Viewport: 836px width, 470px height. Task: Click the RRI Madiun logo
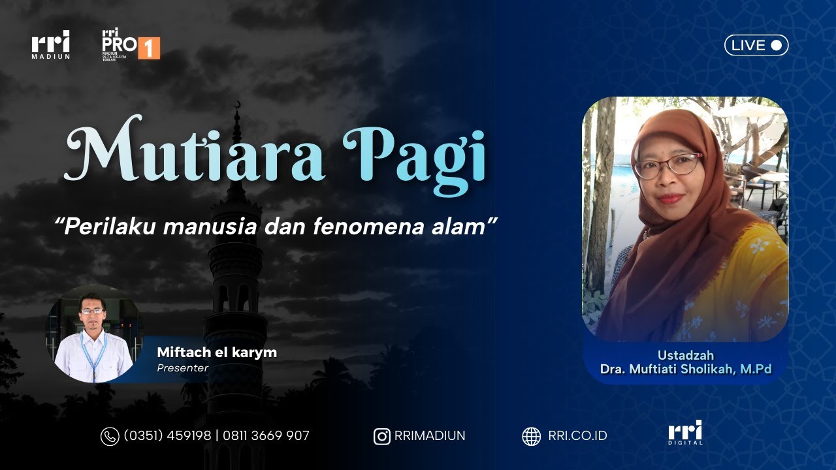coord(50,44)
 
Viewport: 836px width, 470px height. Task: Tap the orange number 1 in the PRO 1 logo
coord(149,48)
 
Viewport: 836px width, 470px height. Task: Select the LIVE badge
coord(756,45)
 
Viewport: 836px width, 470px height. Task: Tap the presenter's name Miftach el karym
coord(217,352)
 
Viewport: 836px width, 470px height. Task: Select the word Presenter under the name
coord(182,368)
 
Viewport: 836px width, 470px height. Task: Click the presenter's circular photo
coord(93,334)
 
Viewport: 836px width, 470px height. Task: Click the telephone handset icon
coord(109,436)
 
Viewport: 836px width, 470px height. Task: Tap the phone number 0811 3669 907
coord(266,435)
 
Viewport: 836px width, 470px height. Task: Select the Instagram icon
coord(381,436)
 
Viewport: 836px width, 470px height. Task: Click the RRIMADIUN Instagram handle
coord(430,435)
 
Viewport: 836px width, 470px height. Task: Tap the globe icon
coord(531,436)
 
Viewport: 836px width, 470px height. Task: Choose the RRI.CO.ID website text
coord(577,435)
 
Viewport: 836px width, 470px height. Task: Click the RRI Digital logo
coord(685,432)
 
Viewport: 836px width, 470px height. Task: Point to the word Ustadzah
coord(686,355)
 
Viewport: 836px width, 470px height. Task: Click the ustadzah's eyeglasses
coord(666,165)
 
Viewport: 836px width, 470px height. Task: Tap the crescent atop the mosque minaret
coord(236,105)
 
